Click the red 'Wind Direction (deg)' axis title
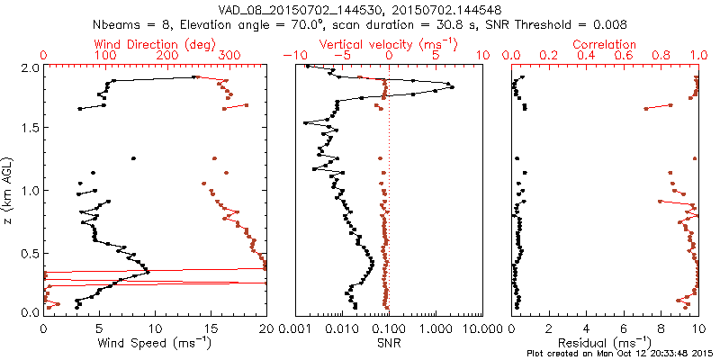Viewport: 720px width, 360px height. [154, 43]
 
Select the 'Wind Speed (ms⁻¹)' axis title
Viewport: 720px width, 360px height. [154, 342]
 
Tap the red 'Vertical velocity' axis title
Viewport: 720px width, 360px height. [388, 43]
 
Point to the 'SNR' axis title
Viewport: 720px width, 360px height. [388, 342]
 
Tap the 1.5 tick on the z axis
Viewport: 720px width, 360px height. [31, 129]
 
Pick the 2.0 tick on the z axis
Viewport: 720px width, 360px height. [31, 67]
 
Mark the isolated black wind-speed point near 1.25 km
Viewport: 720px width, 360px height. [133, 158]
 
